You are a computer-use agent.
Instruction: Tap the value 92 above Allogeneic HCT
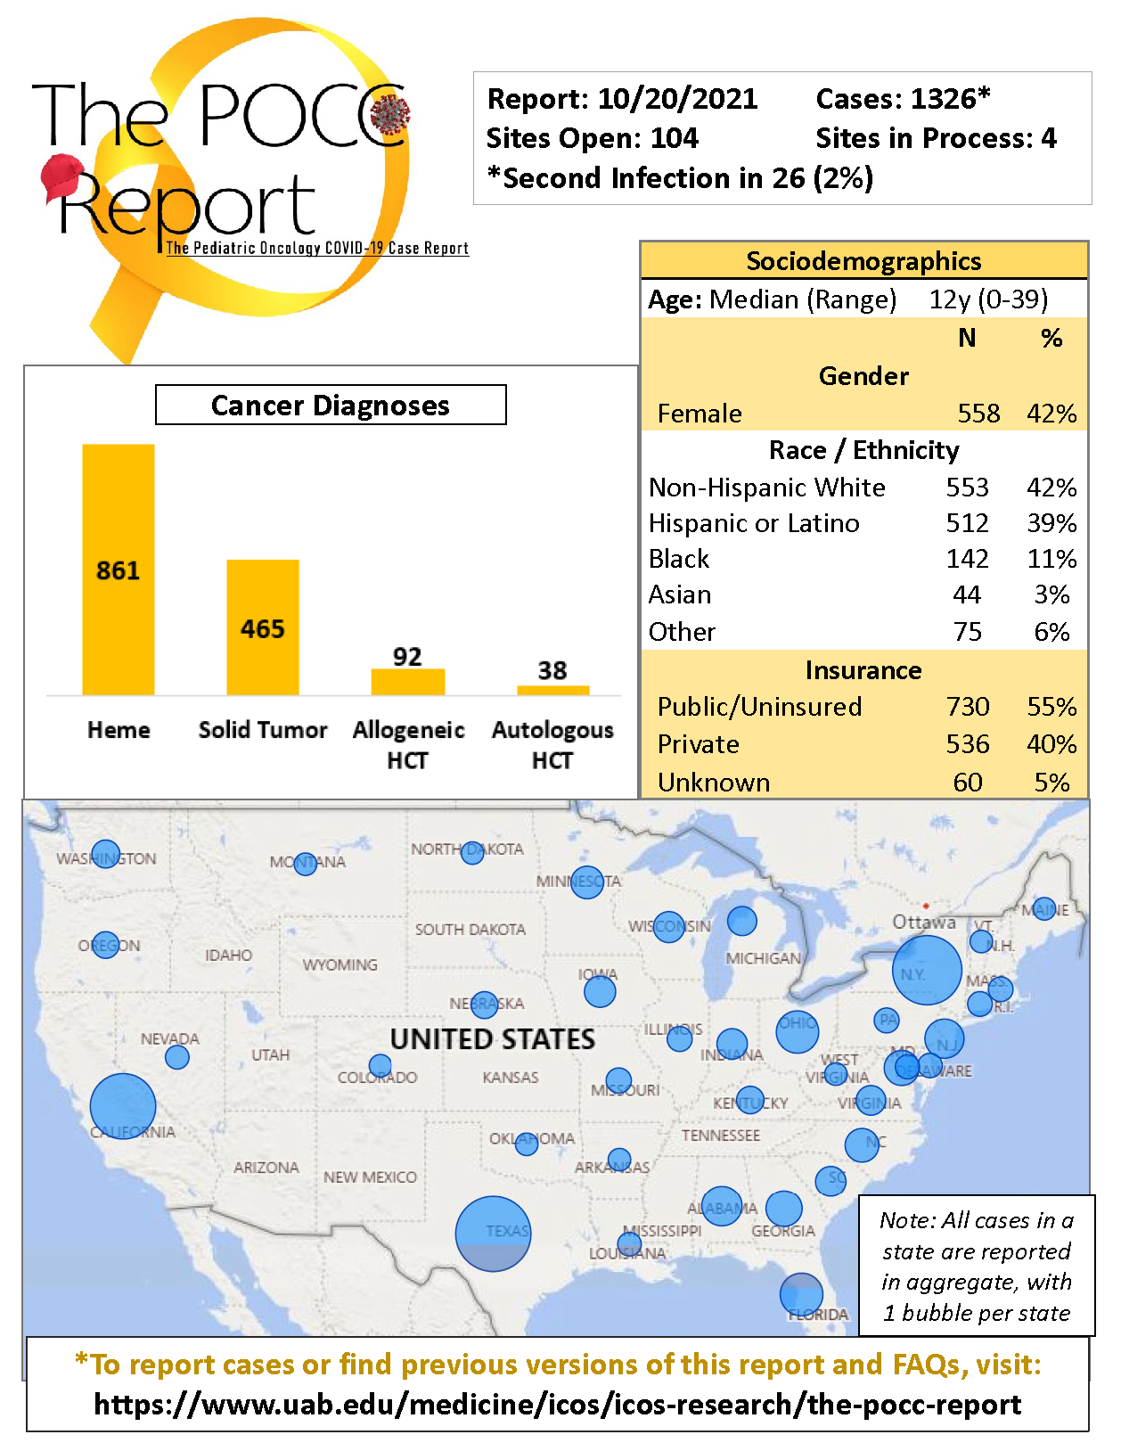[407, 657]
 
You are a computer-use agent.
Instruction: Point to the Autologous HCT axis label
[552, 744]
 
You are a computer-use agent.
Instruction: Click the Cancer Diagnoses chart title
[331, 406]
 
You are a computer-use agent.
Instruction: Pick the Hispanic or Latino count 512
[968, 523]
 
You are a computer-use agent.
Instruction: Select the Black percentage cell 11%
[1051, 559]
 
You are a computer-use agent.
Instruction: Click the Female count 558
[978, 414]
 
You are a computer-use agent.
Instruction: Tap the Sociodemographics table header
[863, 261]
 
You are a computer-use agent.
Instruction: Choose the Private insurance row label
[699, 744]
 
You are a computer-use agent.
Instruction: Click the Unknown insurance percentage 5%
[1051, 783]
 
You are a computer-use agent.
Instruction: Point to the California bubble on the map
[123, 1106]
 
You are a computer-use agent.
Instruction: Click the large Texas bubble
[493, 1234]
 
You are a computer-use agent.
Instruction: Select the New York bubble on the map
[927, 970]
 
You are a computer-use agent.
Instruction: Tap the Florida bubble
[801, 1294]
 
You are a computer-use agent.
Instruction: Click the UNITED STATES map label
[493, 1039]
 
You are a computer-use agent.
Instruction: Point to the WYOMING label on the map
[340, 965]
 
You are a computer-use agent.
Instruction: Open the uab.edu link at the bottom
[557, 1405]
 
